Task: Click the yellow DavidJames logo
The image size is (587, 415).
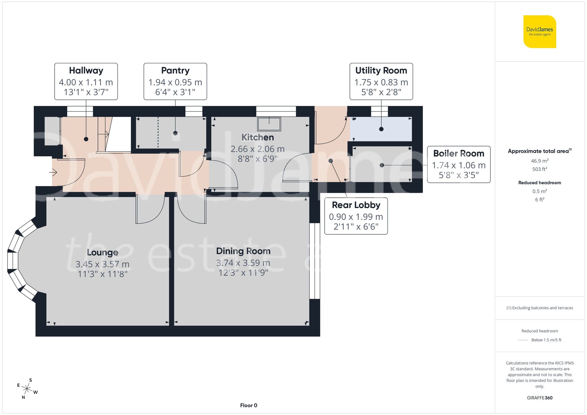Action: coord(539,32)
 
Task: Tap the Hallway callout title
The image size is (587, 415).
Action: coord(86,71)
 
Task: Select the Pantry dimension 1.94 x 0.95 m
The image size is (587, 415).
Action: coord(175,82)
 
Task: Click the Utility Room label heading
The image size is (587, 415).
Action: coord(381,71)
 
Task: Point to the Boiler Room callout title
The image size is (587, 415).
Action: coord(458,153)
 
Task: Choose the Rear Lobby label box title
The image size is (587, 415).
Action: coord(356,205)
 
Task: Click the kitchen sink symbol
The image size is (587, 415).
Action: coord(269,124)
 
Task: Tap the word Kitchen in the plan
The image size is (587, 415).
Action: coord(257,137)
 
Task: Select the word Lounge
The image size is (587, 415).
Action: coord(102,253)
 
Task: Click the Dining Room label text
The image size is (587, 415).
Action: coord(243,251)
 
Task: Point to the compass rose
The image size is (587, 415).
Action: coord(27,389)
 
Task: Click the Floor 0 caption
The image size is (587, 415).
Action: coord(248,405)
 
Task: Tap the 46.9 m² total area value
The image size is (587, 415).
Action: coord(539,161)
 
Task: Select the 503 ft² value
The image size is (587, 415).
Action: coord(539,169)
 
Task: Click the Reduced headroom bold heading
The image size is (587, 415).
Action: coord(539,183)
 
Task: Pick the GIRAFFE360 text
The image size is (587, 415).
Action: coord(539,398)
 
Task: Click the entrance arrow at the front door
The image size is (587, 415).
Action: coord(53,172)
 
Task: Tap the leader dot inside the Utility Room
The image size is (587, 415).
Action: coord(381,129)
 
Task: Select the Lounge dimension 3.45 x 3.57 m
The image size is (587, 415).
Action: coord(102,264)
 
